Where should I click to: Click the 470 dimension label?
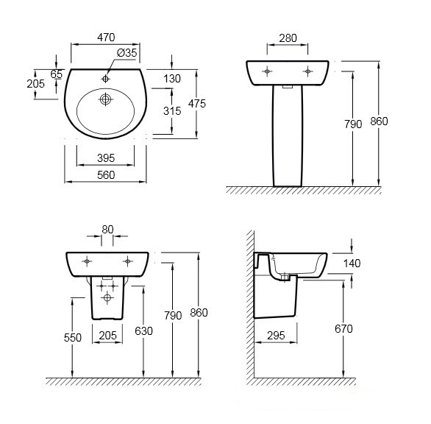point(106,38)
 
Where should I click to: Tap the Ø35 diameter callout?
point(127,52)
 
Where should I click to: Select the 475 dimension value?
point(197,104)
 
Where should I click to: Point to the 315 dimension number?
point(172,111)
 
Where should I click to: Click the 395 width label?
point(106,158)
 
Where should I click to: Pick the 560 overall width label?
point(106,175)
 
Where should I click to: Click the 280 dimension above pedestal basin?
point(288,38)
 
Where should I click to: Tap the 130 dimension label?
point(172,79)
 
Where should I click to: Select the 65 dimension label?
point(57,74)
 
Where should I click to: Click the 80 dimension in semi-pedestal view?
point(107,230)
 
